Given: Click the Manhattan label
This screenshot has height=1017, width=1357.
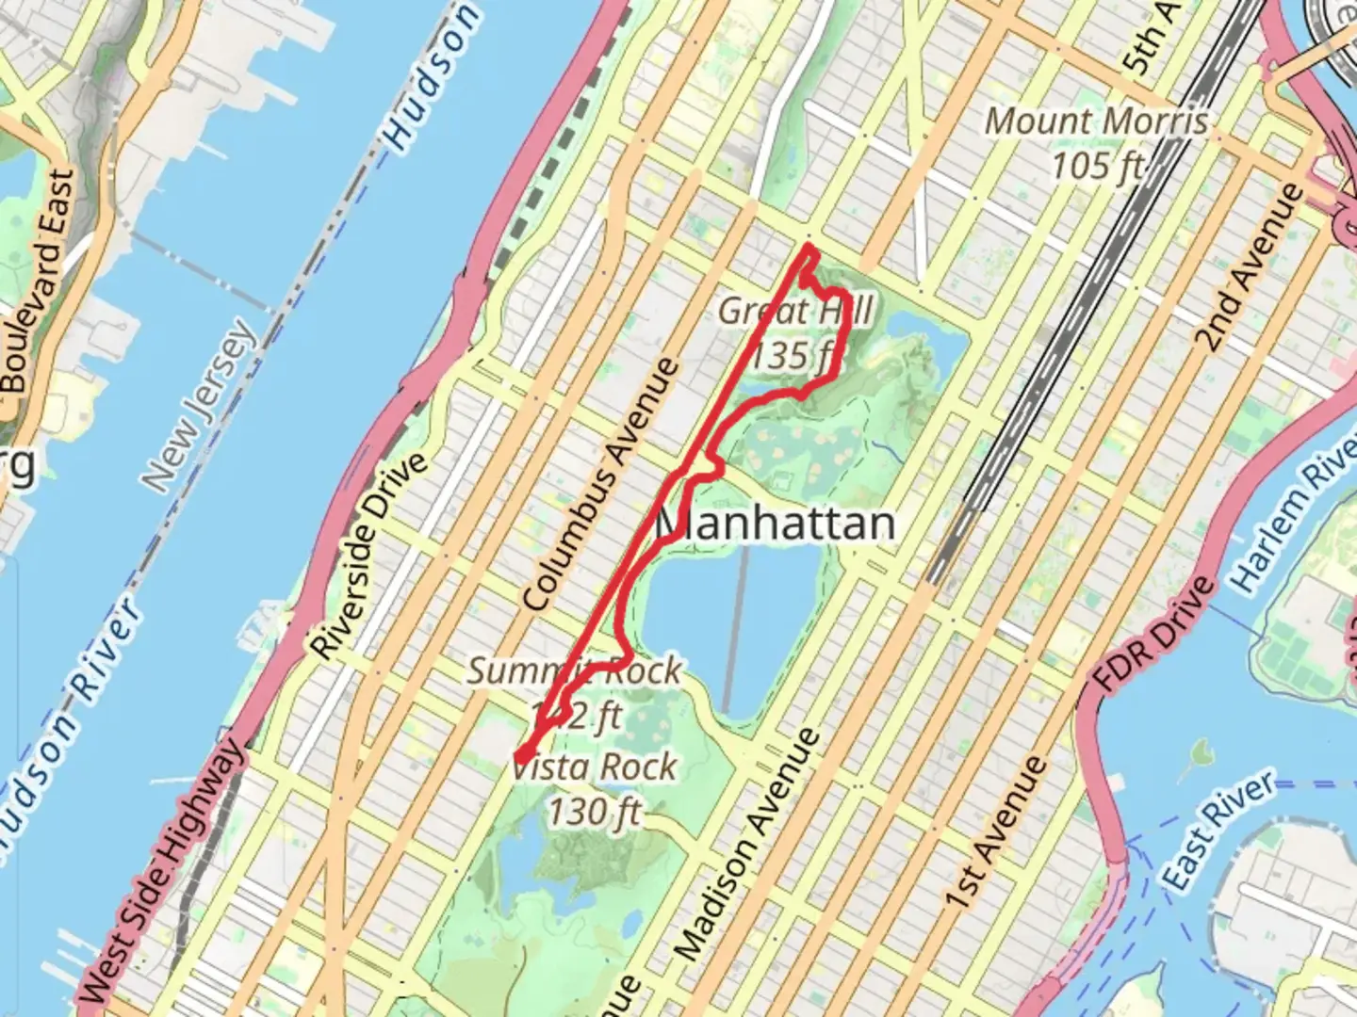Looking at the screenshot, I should (775, 524).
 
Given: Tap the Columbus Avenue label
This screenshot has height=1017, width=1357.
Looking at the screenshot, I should (601, 485).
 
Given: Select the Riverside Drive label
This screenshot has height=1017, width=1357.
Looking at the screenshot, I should (370, 557).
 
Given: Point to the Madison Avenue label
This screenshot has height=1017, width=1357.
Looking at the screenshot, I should (747, 845).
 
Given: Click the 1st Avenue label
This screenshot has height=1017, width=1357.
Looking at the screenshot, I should (997, 832).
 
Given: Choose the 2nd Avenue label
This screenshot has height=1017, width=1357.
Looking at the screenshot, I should (1248, 268).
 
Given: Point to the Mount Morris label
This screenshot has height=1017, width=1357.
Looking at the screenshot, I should (1096, 121).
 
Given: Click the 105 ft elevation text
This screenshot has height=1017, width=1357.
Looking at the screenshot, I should (1096, 167).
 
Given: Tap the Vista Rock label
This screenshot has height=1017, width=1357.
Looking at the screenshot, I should (596, 767).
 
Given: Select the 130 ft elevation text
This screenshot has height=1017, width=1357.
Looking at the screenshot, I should (596, 811).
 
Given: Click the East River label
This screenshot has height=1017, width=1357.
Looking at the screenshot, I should (1218, 830).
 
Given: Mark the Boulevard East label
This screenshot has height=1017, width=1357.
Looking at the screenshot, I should (38, 281).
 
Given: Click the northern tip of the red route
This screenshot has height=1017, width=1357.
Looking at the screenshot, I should (809, 248).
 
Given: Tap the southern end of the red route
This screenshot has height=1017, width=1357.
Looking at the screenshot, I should (519, 755).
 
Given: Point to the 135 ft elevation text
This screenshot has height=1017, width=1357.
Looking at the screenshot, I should (794, 356).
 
